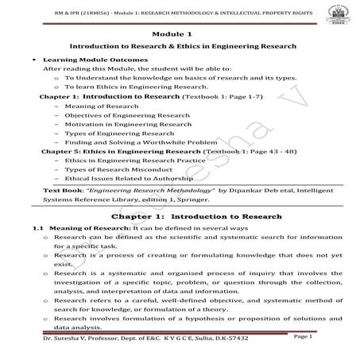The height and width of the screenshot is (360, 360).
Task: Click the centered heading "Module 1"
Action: pos(180,36)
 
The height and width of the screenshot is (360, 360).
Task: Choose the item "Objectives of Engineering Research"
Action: pos(116,115)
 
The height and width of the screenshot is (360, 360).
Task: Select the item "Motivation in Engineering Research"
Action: pos(117,125)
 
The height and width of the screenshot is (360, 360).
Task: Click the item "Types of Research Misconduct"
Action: pos(108,170)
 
